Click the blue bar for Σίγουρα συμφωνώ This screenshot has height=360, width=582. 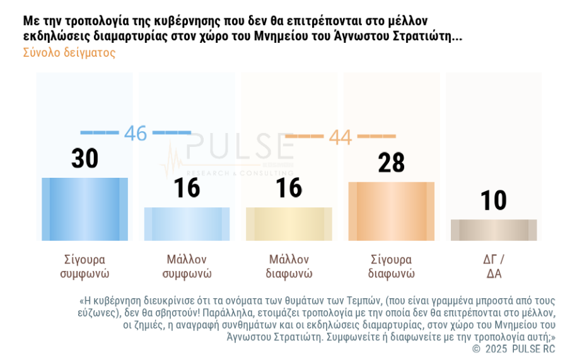point(84,209)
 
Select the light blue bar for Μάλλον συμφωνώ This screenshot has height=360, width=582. point(187,224)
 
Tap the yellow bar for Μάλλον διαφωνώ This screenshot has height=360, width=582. point(289,224)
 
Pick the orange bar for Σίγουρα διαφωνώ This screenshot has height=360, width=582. point(391,211)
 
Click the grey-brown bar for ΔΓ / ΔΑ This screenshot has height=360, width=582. point(493,230)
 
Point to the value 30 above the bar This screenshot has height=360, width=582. point(84,159)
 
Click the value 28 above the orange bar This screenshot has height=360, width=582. point(391,163)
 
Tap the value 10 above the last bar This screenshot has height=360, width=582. point(493,200)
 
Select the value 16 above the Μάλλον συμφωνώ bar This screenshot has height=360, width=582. point(187,188)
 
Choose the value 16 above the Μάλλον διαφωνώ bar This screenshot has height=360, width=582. point(289,188)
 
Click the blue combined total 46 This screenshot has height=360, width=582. point(135,133)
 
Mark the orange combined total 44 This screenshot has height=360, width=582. point(340,137)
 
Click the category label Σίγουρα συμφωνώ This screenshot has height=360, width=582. point(84,267)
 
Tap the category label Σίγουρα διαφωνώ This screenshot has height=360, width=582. point(391,267)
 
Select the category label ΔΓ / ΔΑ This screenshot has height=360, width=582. point(493,267)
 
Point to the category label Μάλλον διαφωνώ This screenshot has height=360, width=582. point(289,267)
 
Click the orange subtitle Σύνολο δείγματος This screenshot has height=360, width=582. point(69,53)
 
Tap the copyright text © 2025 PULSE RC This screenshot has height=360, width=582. point(513,349)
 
